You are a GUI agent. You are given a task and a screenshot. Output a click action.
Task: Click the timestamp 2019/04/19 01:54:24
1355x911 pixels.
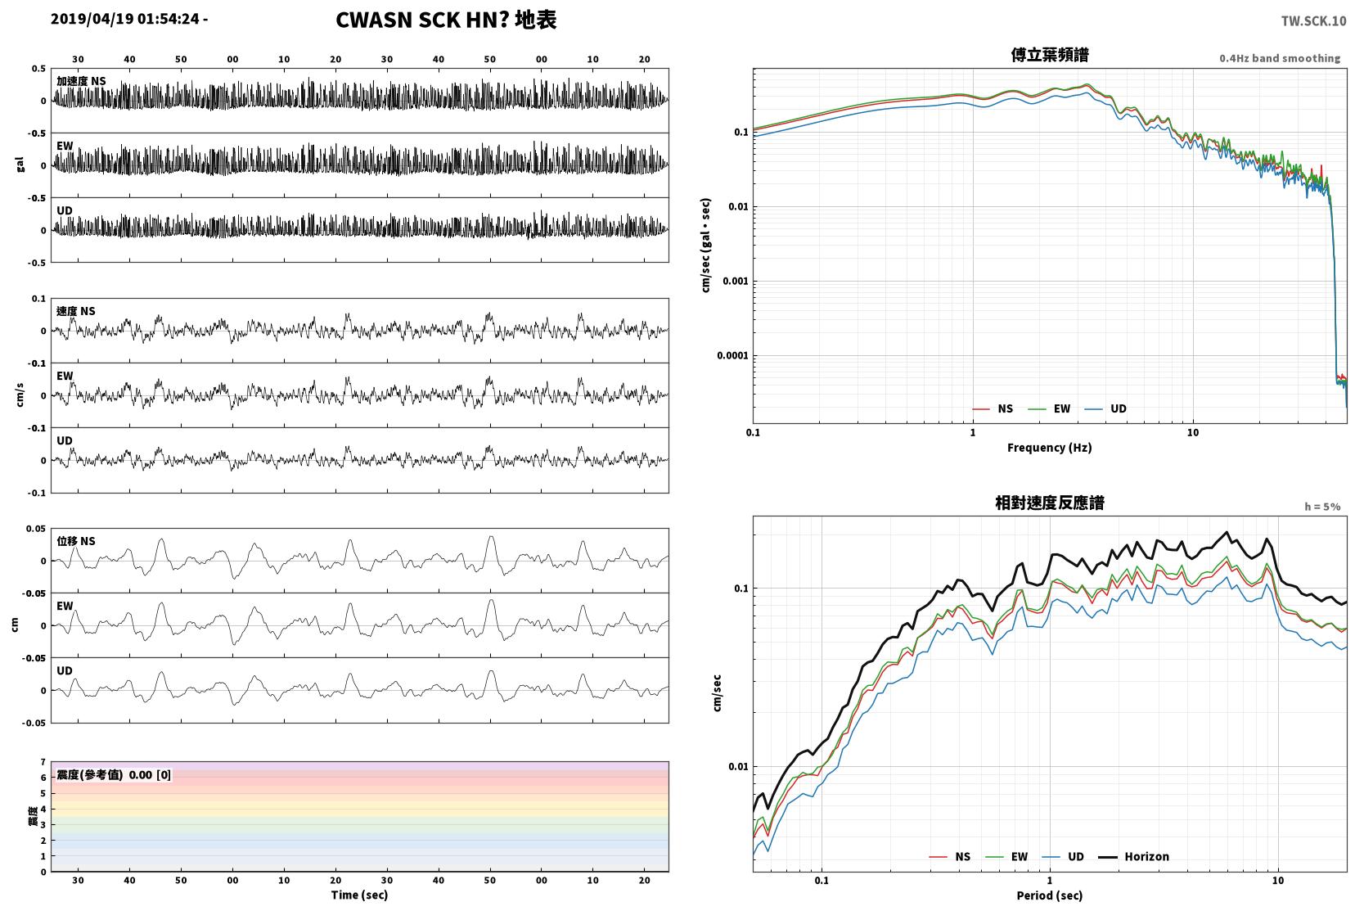tap(124, 19)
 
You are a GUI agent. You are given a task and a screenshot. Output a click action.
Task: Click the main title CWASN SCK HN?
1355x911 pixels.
tap(421, 20)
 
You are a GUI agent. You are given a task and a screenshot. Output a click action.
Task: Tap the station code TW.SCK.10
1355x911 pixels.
tap(1313, 21)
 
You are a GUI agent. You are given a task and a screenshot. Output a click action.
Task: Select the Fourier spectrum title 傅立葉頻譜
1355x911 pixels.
tap(1050, 55)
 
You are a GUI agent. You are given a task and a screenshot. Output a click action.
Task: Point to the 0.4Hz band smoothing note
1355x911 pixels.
tap(1280, 58)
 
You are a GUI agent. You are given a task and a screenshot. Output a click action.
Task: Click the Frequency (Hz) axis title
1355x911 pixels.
tap(1049, 448)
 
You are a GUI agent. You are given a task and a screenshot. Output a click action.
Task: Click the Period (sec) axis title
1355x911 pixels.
tap(1049, 895)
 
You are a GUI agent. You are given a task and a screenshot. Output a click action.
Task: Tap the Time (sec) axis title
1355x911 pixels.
tap(359, 895)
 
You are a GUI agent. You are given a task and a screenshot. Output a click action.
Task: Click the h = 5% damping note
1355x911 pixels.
tap(1321, 507)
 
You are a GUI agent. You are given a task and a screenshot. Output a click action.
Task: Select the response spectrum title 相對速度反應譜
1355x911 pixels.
tap(1050, 503)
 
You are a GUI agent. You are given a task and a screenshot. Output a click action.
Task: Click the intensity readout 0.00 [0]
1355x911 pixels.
tap(150, 775)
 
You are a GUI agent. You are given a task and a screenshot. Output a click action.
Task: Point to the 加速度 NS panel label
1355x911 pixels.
tap(81, 81)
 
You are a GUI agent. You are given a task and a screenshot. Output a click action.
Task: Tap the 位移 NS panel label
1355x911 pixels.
tap(75, 541)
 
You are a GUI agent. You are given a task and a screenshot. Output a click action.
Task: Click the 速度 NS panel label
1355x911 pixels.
tap(75, 311)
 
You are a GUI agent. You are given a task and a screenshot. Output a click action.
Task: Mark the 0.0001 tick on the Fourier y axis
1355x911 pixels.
tap(732, 355)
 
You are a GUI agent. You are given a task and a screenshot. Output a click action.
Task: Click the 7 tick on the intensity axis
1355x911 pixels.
tap(43, 761)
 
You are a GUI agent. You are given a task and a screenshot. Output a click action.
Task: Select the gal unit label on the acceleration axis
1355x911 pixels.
tap(20, 165)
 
